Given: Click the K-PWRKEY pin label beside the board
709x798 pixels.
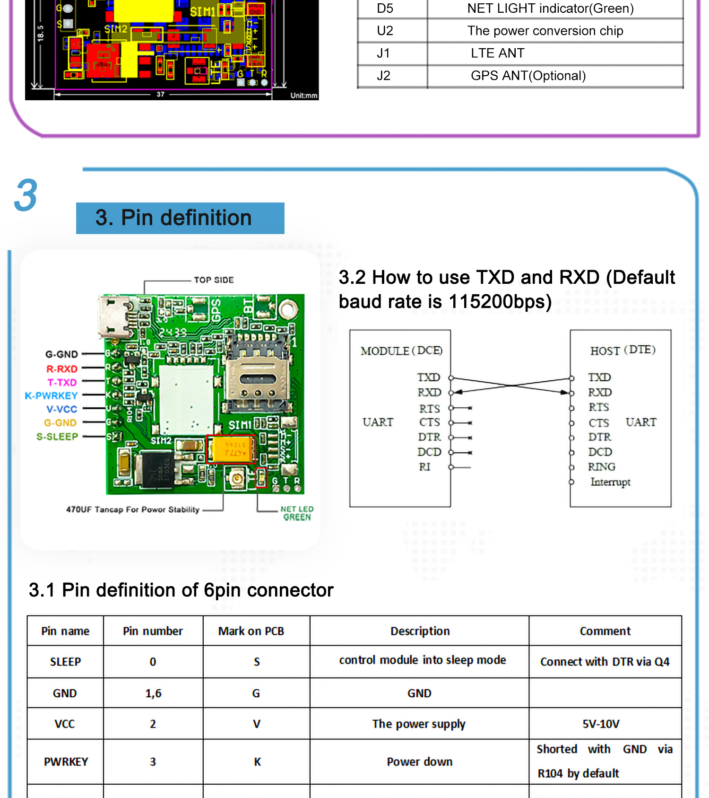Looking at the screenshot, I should pos(51,395).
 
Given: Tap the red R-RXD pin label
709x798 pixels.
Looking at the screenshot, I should pos(61,369).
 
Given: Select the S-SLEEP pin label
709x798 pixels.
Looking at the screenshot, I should pos(57,437).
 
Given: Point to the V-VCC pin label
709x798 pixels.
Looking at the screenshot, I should pos(61,409).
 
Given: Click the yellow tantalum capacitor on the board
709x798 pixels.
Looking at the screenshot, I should pos(231,449).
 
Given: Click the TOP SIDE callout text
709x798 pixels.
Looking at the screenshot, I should pos(214,280).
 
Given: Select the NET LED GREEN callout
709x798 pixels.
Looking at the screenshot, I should pos(297,513).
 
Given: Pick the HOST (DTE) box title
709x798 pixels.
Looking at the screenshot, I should pos(623,351).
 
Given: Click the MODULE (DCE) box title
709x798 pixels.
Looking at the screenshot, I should pos(401,351).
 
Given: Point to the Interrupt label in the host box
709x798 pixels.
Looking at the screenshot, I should pos(610,482).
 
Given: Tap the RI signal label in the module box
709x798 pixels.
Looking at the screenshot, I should pos(424,467).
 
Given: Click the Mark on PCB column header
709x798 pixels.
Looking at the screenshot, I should pos(251,631).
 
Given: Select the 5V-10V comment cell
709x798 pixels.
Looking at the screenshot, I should pos(601,724).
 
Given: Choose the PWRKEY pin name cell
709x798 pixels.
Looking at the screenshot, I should pos(66,762).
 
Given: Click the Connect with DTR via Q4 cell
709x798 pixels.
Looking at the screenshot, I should pos(605,662).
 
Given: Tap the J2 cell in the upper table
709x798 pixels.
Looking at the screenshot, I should pos(383,76).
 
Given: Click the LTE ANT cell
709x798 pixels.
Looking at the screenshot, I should pos(497,53).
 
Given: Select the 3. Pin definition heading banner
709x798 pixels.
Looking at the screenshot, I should pos(180,218).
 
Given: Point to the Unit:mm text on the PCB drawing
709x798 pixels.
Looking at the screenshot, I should pos(303,96).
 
